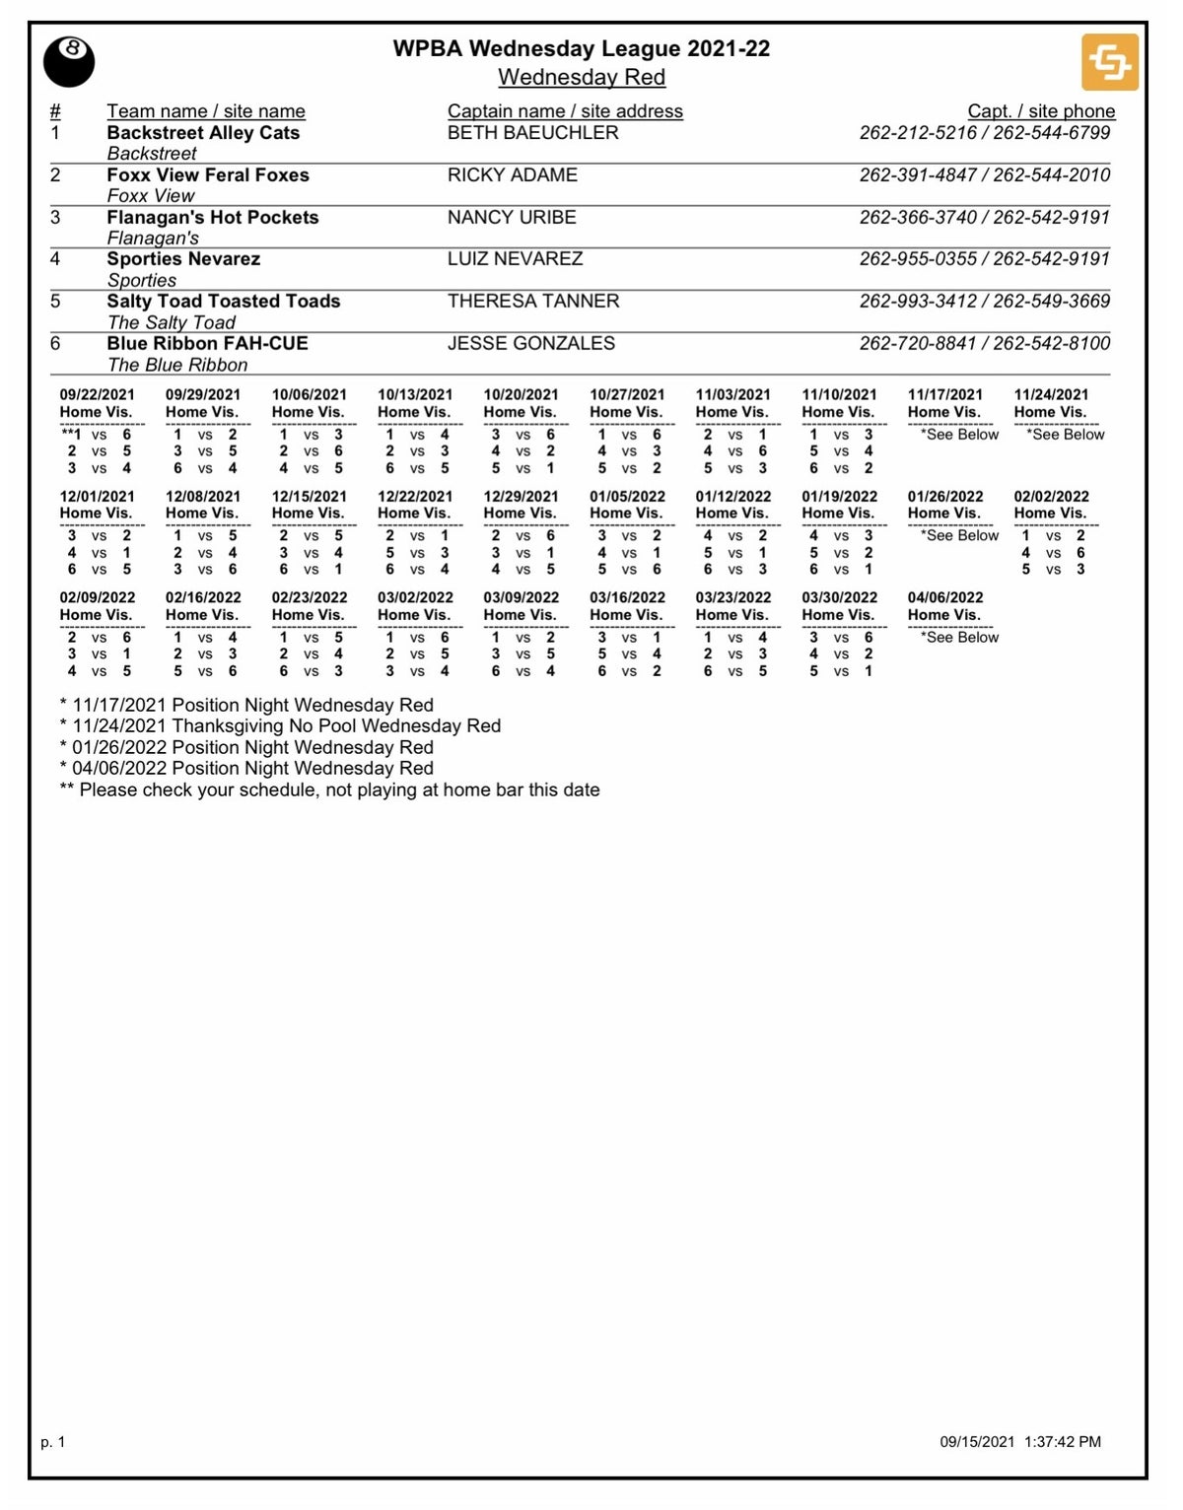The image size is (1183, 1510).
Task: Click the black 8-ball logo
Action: point(69,62)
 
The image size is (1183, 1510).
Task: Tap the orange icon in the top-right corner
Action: point(1110,62)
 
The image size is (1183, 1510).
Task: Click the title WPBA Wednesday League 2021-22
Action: point(581,48)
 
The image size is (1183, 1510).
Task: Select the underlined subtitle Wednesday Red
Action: point(581,77)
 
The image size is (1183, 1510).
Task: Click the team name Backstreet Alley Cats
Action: point(203,133)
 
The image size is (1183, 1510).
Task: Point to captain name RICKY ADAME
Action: point(512,175)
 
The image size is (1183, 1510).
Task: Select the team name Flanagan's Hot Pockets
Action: point(213,218)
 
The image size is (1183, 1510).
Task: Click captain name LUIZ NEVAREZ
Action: point(515,259)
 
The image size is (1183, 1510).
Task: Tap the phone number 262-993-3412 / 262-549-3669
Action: point(984,302)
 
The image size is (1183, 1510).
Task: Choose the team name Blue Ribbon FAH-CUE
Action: point(207,344)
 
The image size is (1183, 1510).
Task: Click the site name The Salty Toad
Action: point(171,322)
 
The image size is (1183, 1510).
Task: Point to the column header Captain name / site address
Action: point(565,111)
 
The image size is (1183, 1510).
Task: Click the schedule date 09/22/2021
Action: point(97,395)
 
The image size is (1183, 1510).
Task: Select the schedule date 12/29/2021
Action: point(521,497)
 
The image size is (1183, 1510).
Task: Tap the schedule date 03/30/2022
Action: point(839,598)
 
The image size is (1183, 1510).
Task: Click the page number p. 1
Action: point(53,1442)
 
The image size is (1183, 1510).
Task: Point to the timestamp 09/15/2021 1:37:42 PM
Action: point(1020,1442)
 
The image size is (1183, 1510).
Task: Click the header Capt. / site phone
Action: point(1041,111)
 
